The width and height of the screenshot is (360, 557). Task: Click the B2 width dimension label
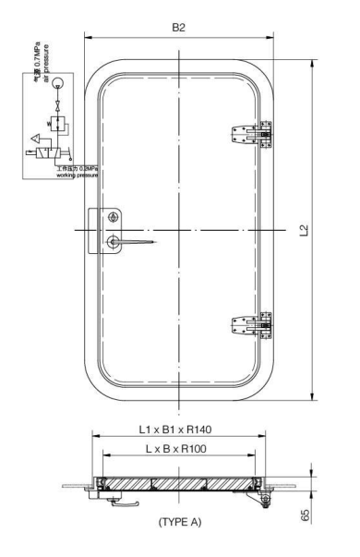click(189, 29)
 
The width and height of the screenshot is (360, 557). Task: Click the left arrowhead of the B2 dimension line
click(88, 39)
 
